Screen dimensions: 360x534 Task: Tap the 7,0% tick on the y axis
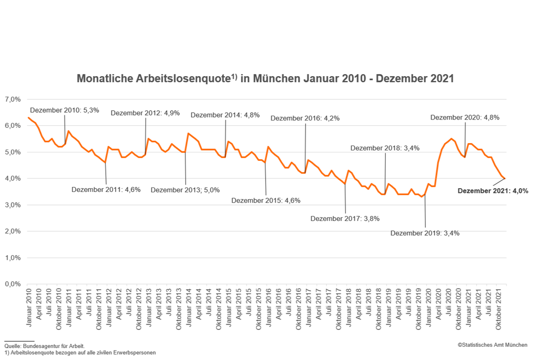[12, 99]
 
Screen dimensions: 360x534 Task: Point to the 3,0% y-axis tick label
[12, 205]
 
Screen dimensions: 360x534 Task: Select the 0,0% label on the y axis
[12, 284]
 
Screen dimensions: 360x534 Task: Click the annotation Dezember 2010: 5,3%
[64, 110]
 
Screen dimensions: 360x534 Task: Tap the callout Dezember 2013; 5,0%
[185, 190]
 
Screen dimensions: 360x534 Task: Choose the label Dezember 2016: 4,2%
[305, 118]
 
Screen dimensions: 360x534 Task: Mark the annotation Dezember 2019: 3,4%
[425, 233]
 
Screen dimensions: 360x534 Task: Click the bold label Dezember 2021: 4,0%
[493, 191]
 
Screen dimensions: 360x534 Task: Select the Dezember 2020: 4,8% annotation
[465, 118]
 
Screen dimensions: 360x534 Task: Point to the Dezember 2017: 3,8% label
[345, 218]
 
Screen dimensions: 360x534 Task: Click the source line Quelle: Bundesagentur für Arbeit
[44, 346]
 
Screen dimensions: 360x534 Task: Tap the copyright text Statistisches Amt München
[492, 345]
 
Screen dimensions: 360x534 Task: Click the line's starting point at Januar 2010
[29, 118]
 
